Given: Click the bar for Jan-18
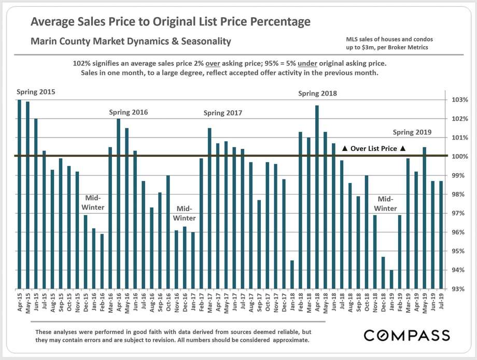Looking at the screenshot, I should (x=292, y=274).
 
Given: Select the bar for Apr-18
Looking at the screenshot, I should (x=317, y=197).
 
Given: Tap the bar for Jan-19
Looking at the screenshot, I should (x=391, y=279).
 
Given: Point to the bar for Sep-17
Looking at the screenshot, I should (x=259, y=244).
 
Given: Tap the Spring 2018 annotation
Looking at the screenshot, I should (x=317, y=93).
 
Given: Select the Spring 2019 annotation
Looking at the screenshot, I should (x=412, y=132).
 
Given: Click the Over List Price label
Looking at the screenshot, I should (x=374, y=149).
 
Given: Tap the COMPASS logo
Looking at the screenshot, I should (x=406, y=335).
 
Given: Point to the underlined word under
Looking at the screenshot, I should (x=308, y=63).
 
